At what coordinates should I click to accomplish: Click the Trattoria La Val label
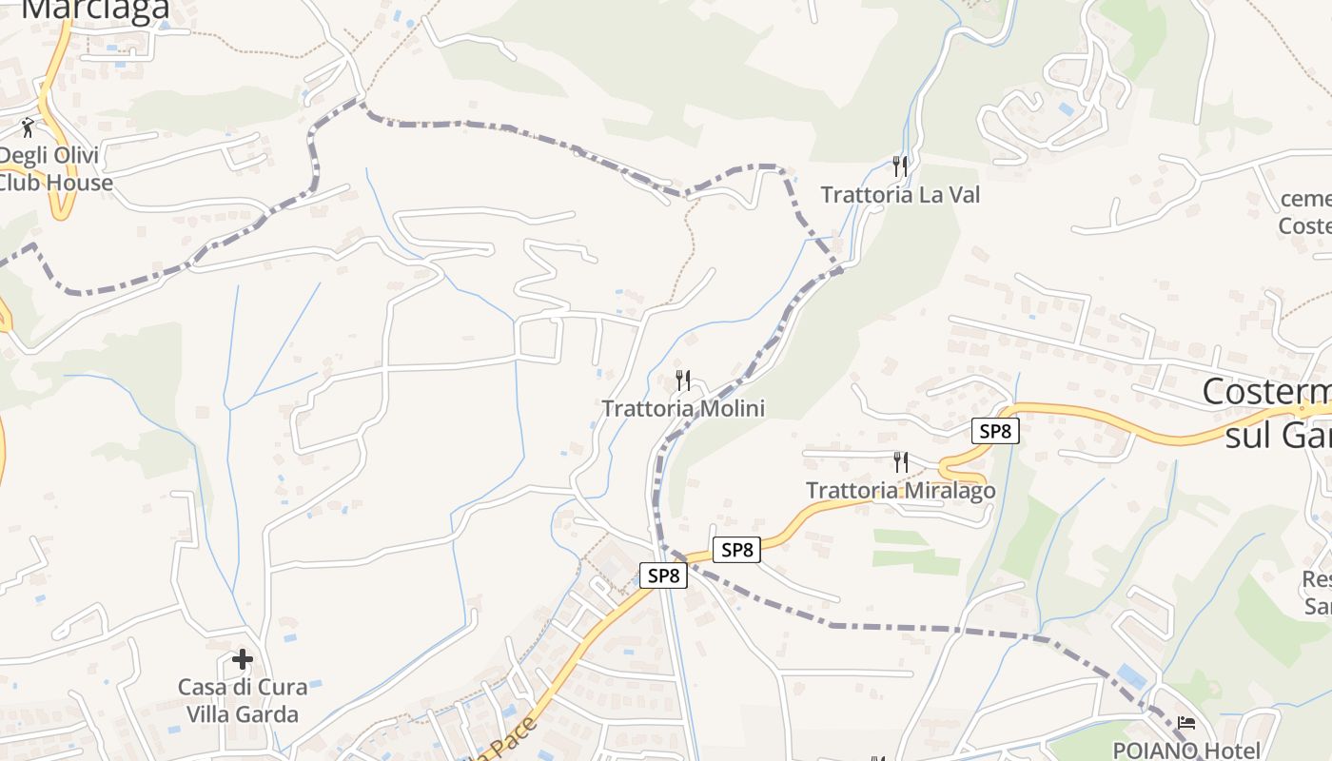pyautogui.click(x=899, y=195)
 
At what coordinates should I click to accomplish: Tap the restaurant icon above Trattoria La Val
pyautogui.click(x=899, y=166)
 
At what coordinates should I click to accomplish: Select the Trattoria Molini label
pyautogui.click(x=683, y=409)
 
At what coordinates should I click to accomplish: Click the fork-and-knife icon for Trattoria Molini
pyautogui.click(x=682, y=380)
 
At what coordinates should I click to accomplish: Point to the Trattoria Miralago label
pyautogui.click(x=900, y=491)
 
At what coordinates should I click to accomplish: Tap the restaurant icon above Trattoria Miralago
pyautogui.click(x=900, y=462)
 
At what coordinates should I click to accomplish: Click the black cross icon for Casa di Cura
pyautogui.click(x=243, y=658)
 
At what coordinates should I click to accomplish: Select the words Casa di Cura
pyautogui.click(x=243, y=687)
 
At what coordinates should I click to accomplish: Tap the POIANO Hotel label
pyautogui.click(x=1186, y=750)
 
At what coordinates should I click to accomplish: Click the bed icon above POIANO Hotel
pyautogui.click(x=1185, y=723)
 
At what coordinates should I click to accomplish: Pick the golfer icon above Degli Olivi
pyautogui.click(x=28, y=127)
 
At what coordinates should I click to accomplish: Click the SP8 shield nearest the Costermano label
pyautogui.click(x=995, y=431)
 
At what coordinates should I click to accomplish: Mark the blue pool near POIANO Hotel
pyautogui.click(x=1131, y=675)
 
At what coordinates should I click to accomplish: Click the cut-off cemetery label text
pyautogui.click(x=1305, y=199)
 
